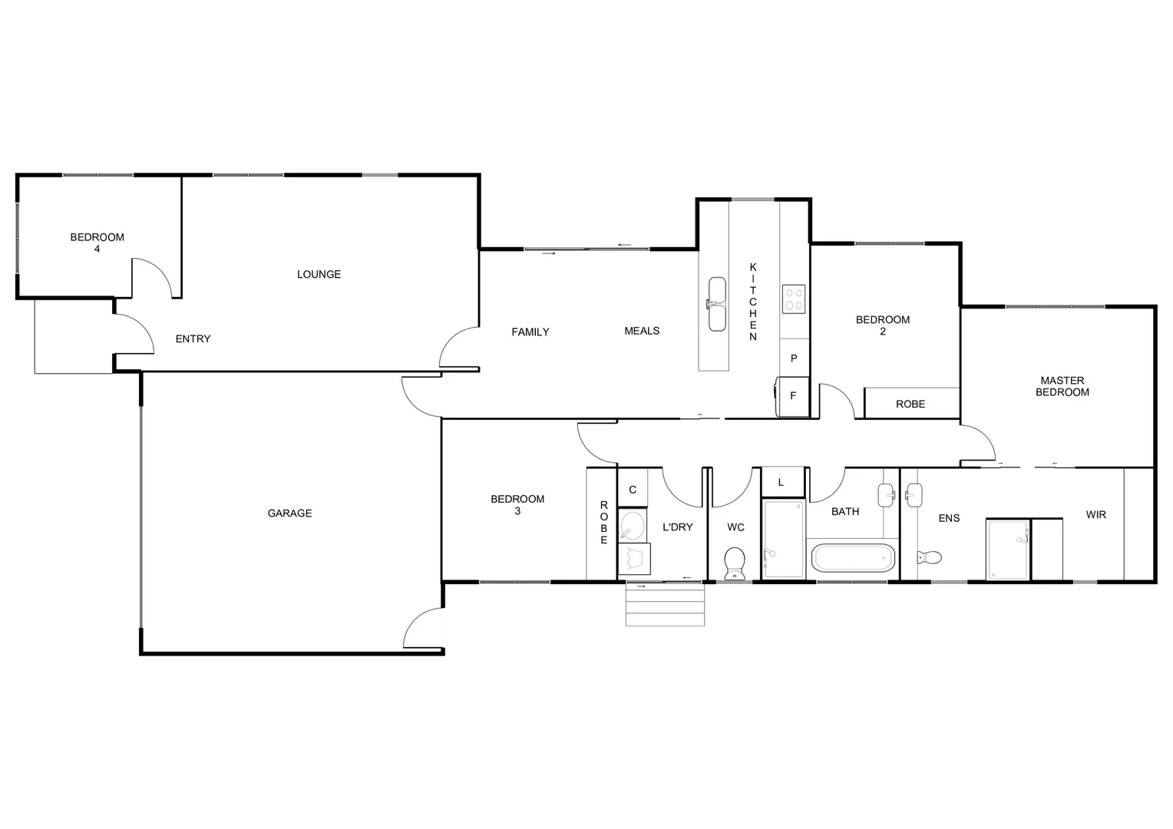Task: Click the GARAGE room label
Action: point(289,514)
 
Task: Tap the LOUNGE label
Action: point(319,274)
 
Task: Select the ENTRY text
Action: point(193,339)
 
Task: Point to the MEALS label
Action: point(642,331)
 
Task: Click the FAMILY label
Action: point(530,332)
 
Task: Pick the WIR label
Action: point(1095,514)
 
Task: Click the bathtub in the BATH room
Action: point(854,558)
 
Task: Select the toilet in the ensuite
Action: point(930,557)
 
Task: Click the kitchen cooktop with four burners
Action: point(793,298)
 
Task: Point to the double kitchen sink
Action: point(716,304)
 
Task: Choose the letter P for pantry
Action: point(794,358)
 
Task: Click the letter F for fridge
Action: point(793,396)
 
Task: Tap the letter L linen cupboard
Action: point(781,482)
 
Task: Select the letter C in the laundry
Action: point(633,490)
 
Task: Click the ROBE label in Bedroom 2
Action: point(910,404)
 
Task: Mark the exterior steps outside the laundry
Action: point(665,605)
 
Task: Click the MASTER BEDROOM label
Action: point(1062,386)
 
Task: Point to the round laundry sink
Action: point(633,527)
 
